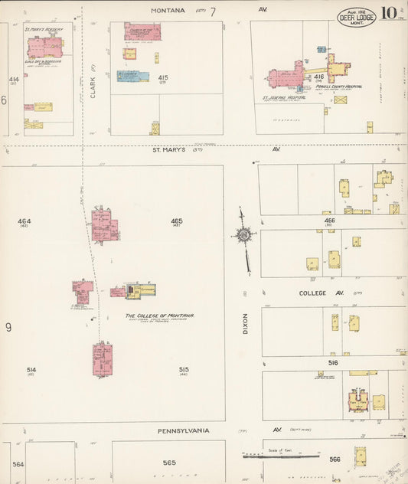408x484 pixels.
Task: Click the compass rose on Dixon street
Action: click(244, 235)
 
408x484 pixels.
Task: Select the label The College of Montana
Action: click(159, 316)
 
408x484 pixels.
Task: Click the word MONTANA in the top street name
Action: click(168, 10)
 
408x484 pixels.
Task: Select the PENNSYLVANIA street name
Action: click(183, 430)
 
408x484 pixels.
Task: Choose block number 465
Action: click(177, 221)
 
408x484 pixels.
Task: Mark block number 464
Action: click(24, 221)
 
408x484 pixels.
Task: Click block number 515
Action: click(184, 369)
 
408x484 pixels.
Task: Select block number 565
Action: click(169, 463)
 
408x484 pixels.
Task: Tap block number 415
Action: click(162, 77)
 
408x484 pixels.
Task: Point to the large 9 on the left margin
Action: click(8, 328)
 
